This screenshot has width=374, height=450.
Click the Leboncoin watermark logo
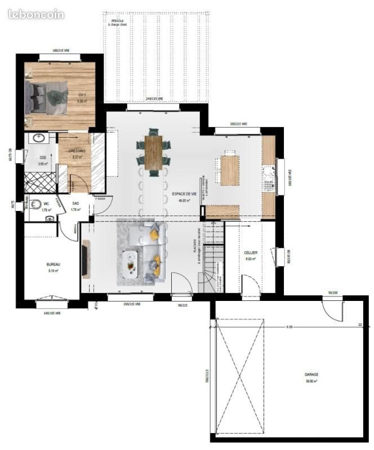(x=37, y=15)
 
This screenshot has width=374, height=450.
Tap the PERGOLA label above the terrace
(x=118, y=21)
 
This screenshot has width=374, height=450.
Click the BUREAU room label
(x=54, y=264)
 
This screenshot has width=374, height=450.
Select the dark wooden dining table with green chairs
(x=153, y=152)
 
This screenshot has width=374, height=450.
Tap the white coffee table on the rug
(x=131, y=261)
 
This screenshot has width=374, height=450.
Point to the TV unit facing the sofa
(x=86, y=258)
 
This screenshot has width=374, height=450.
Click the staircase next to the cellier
(x=213, y=256)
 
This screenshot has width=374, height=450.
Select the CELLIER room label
(x=250, y=253)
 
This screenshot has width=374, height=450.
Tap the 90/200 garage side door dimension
(x=332, y=292)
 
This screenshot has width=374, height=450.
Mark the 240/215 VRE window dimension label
(x=154, y=99)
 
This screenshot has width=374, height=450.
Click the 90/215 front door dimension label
(x=183, y=305)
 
